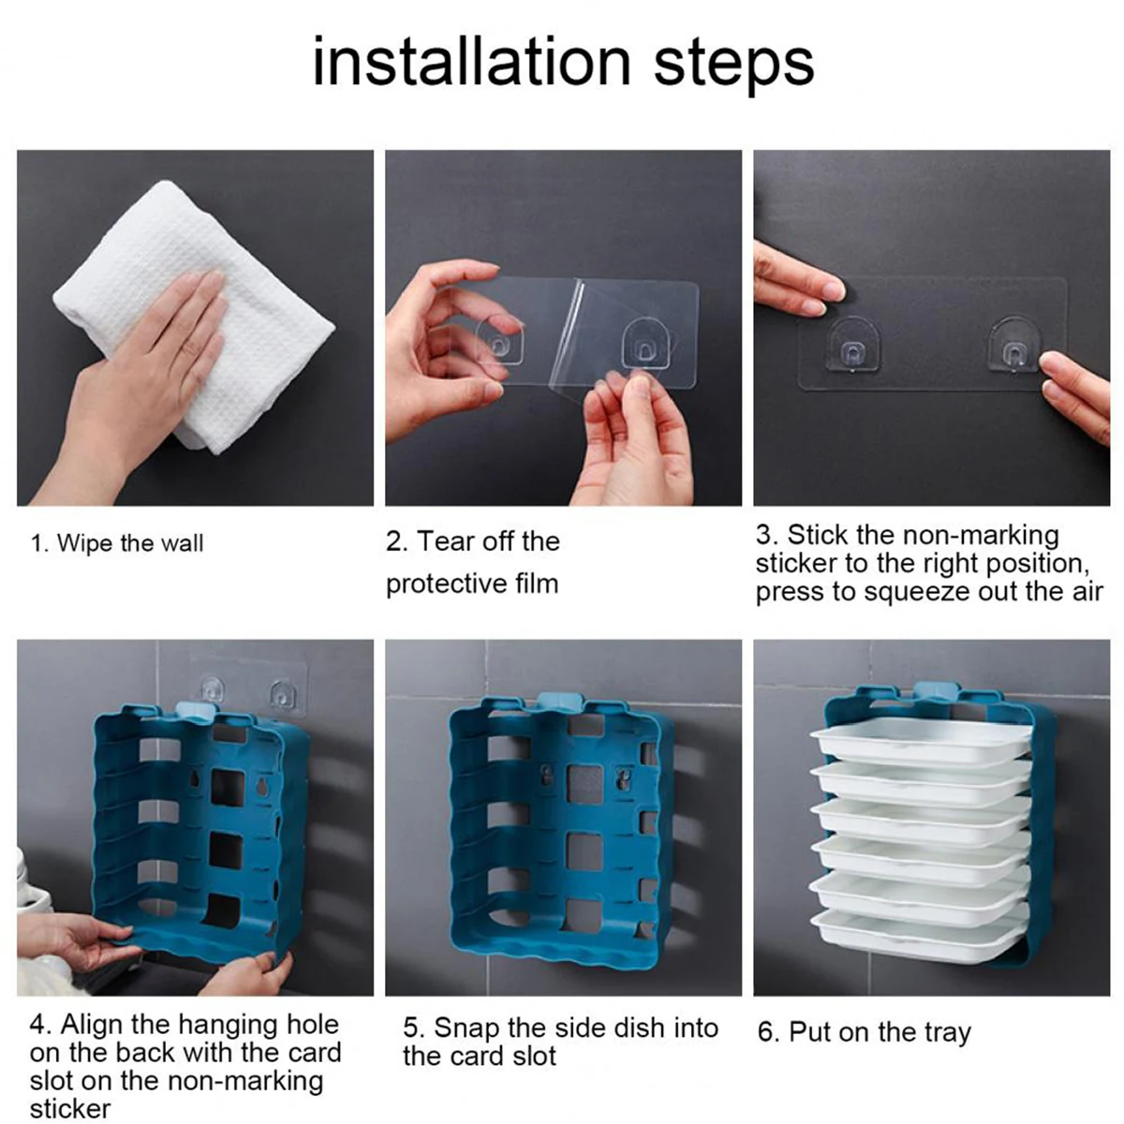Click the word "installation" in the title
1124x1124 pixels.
click(x=471, y=62)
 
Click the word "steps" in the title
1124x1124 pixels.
click(x=733, y=66)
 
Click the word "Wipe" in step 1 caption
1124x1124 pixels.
click(x=85, y=543)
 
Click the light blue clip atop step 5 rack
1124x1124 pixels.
click(x=559, y=702)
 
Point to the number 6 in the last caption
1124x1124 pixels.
click(x=764, y=1031)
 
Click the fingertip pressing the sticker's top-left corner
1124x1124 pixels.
click(x=828, y=291)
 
